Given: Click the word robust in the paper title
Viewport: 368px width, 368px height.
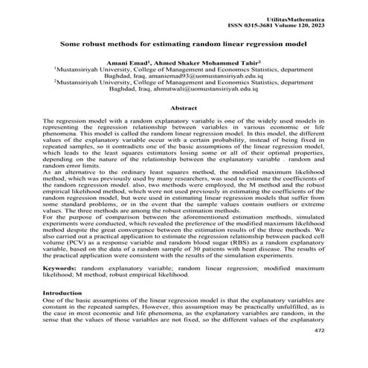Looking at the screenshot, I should (x=100, y=44).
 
